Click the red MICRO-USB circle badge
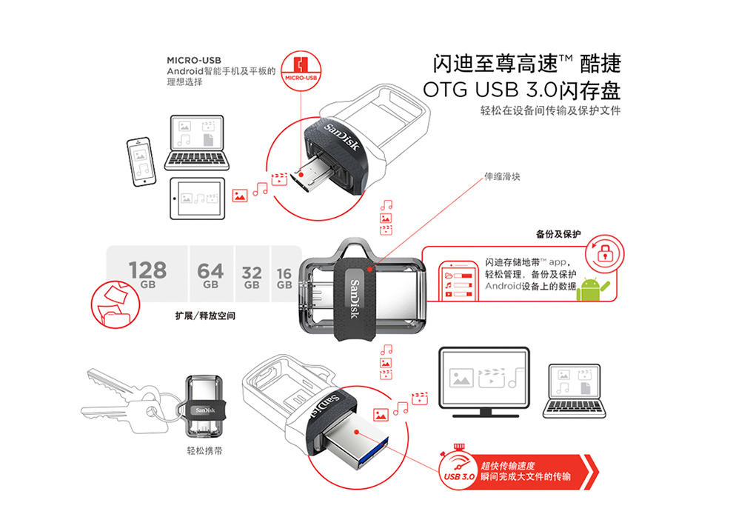point(301,71)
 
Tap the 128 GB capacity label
point(148,274)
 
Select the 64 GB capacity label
point(210,276)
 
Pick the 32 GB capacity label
point(252,277)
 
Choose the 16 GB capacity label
point(284,278)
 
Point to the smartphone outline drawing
point(141,161)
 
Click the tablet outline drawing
point(197,199)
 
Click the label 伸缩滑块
point(502,177)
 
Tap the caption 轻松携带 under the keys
point(205,450)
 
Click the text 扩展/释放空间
point(205,316)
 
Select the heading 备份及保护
point(558,234)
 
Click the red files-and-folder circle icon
point(115,304)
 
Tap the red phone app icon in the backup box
point(459,282)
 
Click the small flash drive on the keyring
point(206,407)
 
